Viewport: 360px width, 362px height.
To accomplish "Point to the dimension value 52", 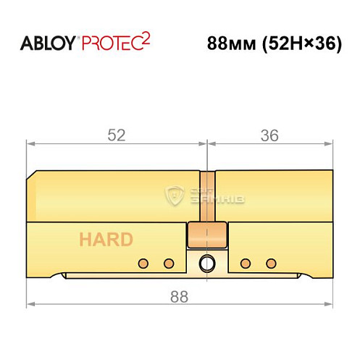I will pos(116,135).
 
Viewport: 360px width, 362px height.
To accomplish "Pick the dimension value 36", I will pos(269,135).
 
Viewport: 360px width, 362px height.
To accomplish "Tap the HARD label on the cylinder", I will pos(106,240).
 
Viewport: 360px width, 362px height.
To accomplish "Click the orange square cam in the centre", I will pos(207,235).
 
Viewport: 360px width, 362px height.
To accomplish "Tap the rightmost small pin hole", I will pos(271,262).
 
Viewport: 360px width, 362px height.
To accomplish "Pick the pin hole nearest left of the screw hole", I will pos(169,262).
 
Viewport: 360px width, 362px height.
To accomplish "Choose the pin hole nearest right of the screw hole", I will pos(246,262).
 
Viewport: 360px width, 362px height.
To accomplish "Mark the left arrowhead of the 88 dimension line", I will pos(31,303).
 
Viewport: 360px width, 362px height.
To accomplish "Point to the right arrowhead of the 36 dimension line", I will pos(330,144).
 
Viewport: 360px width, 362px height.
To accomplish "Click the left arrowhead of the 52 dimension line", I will pos(31,144).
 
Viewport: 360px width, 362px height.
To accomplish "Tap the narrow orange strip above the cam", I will pos(207,195).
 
